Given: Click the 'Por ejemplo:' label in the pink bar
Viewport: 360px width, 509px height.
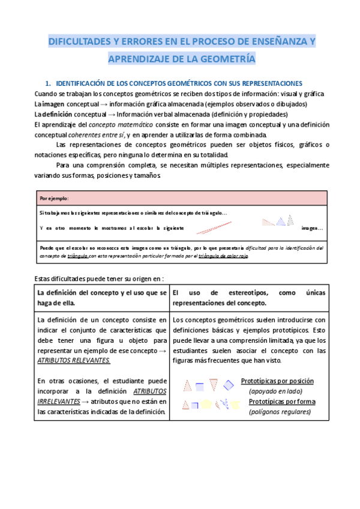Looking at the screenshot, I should [x=54, y=198].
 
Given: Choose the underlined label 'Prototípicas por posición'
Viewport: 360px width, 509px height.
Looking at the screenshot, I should [x=277, y=381].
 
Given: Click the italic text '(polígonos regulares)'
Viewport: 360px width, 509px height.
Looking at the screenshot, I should [x=280, y=412].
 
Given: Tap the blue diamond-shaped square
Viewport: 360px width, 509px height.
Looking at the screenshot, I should [x=228, y=385].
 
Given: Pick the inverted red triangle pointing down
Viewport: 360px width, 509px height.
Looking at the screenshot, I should [x=214, y=385].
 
